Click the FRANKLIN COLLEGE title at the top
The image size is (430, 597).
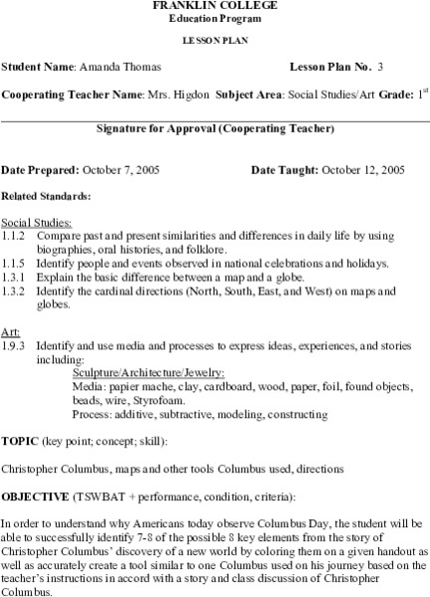pyautogui.click(x=214, y=5)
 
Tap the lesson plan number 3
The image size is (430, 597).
pyautogui.click(x=380, y=67)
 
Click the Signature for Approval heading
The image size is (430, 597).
pyautogui.click(x=214, y=128)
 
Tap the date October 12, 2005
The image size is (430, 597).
pyautogui.click(x=355, y=169)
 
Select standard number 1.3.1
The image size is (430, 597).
pyautogui.click(x=13, y=278)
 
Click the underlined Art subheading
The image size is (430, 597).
pyautogui.click(x=9, y=329)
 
